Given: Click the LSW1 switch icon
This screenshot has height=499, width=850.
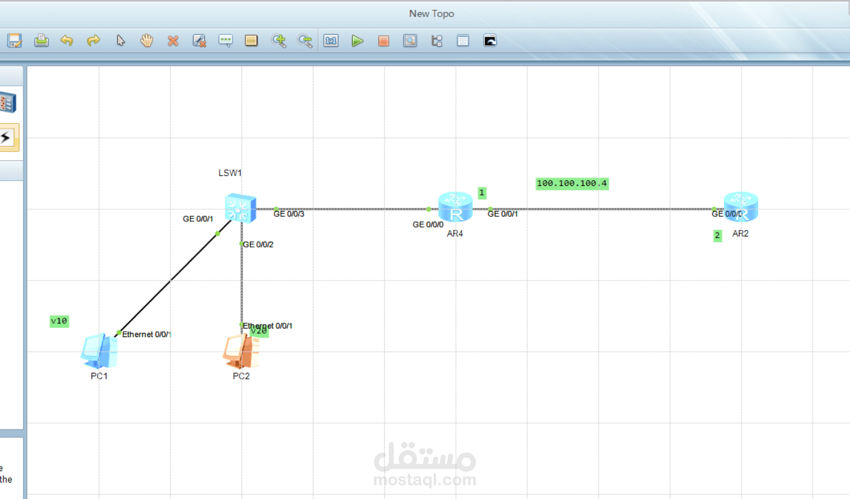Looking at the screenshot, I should [240, 208].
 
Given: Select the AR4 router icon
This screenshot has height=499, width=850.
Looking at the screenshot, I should [455, 206].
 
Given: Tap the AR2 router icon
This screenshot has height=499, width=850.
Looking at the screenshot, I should [741, 206].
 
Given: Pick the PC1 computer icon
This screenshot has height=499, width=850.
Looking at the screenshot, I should [99, 351].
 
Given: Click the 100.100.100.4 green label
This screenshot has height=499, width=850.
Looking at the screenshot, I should [571, 184].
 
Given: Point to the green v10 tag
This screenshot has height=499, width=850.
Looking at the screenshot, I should [59, 321].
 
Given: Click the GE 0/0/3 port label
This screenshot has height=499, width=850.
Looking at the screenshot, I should [289, 214].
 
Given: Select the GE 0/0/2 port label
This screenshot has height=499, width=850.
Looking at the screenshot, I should [258, 245].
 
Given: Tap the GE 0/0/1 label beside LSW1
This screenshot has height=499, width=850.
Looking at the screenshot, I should [198, 219].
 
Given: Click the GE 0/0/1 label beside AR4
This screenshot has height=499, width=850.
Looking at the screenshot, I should [502, 214].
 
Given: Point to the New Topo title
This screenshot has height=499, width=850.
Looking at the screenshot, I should [431, 14].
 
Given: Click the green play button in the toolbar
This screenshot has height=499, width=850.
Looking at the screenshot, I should [357, 40].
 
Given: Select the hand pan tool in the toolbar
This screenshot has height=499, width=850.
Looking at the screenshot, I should [147, 40].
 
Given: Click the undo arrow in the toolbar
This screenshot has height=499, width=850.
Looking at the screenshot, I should [67, 40].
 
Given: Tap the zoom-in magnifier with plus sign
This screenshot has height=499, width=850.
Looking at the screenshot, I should [279, 40].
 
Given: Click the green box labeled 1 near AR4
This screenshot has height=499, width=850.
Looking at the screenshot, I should [482, 193].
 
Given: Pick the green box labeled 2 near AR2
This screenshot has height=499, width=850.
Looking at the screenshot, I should [718, 236].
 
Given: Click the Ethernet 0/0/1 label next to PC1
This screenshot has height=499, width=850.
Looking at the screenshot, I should [146, 335].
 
